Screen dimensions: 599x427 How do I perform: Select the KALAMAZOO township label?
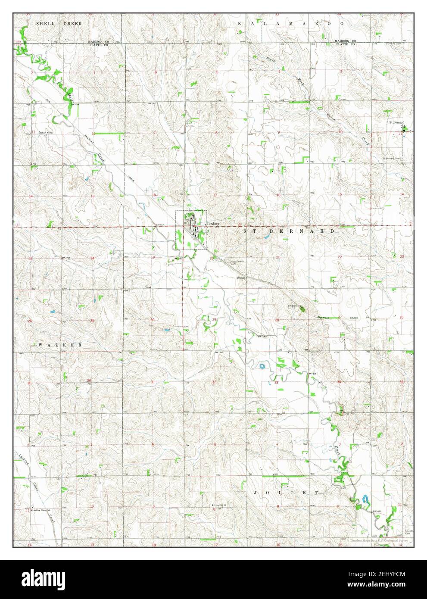pyautogui.click(x=291, y=24)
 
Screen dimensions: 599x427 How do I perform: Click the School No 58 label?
pyautogui.click(x=45, y=132)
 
